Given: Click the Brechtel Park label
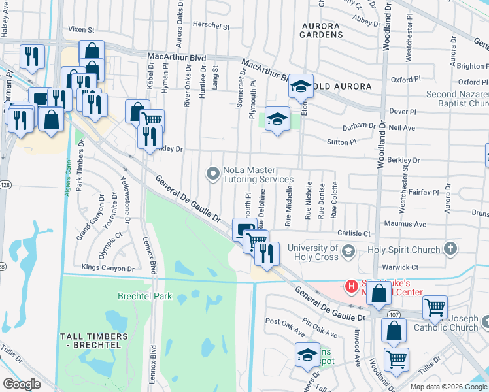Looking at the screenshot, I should coord(144,296).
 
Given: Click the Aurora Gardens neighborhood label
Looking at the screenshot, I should coord(321,29).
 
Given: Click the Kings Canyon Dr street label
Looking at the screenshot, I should coord(108,268).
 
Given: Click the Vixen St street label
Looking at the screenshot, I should coord(82,30).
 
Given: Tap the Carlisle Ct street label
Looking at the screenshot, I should coord(354,233).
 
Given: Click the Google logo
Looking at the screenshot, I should coord(22,384).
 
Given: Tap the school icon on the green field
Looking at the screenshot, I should coord(277,119).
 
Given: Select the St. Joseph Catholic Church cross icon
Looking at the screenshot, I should coord(485,321).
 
